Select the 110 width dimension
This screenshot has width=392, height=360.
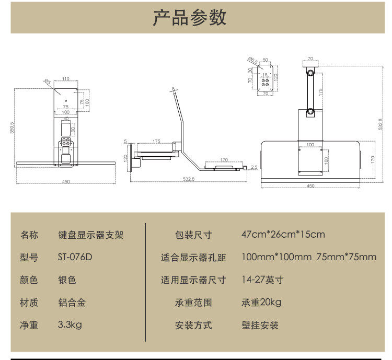click(x=66, y=79)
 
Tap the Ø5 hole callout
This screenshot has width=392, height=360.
click(x=48, y=82)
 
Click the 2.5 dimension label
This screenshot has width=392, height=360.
click(x=253, y=167)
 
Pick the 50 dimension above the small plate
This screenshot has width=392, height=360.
click(x=266, y=60)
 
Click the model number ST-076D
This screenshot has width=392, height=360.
click(x=75, y=258)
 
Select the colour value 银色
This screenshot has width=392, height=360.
click(x=67, y=280)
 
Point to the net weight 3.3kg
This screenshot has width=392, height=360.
click(x=70, y=325)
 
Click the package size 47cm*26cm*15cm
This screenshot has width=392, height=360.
click(x=283, y=234)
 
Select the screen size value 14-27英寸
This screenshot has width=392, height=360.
click(x=262, y=280)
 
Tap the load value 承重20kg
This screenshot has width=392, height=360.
click(x=261, y=303)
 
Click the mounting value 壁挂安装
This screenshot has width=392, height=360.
click(x=260, y=325)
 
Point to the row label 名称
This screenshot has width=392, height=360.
click(x=29, y=235)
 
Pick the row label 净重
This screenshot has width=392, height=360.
click(x=29, y=325)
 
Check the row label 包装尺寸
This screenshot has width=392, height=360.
click(x=193, y=235)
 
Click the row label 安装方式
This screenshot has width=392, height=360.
click(x=193, y=325)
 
